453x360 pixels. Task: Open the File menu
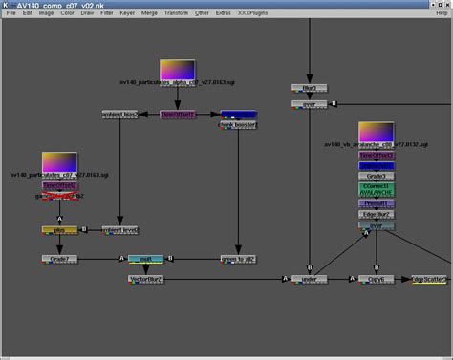point(12,13)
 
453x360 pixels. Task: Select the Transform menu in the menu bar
point(177,13)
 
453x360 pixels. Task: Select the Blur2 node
point(310,89)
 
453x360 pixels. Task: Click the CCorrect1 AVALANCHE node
point(377,190)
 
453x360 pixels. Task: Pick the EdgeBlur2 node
point(377,215)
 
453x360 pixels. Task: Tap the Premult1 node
point(377,203)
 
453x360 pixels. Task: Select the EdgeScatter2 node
point(429,280)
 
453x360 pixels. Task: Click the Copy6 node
point(377,280)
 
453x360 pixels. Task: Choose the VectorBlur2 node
point(146,280)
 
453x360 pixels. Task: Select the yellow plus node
point(58,230)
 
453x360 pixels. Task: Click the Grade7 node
point(58,259)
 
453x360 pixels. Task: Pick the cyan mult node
point(146,259)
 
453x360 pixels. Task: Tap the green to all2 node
point(239,259)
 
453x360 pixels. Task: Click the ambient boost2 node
point(119,115)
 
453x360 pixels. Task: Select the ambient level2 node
point(119,230)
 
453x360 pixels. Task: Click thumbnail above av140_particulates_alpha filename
point(177,70)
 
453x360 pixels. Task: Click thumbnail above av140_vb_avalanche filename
point(377,132)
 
